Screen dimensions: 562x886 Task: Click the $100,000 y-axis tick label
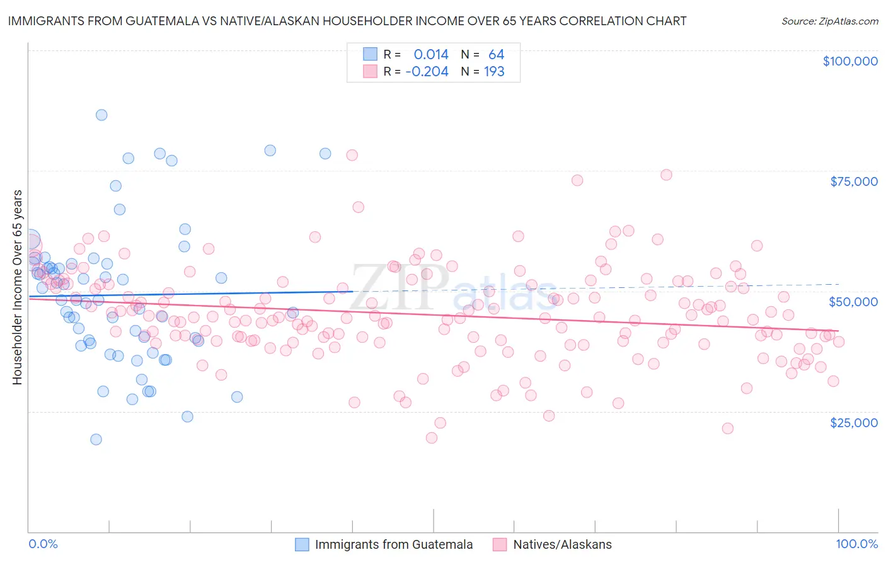[850, 61]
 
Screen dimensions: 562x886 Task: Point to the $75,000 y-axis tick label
[854, 181]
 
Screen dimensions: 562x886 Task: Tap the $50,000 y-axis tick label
[853, 302]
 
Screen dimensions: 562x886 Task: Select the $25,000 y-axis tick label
[854, 422]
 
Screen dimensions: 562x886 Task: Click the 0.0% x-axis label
[43, 544]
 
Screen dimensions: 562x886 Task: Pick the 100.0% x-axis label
[856, 544]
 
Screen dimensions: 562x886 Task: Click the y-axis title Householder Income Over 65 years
[17, 287]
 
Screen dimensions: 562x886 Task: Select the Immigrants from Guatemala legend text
[394, 544]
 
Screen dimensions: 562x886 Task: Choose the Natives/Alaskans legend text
[562, 544]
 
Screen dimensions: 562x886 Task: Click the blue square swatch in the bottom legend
[302, 544]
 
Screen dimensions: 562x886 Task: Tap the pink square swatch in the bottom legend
[500, 544]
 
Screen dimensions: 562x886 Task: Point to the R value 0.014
[431, 54]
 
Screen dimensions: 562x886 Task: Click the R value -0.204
[427, 72]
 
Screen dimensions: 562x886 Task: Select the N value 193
[494, 72]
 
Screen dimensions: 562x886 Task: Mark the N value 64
[496, 54]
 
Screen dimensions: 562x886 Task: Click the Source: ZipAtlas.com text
[829, 21]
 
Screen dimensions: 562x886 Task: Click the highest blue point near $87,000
[101, 115]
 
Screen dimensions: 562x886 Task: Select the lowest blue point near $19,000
[96, 439]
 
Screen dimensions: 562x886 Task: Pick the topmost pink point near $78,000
[352, 155]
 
